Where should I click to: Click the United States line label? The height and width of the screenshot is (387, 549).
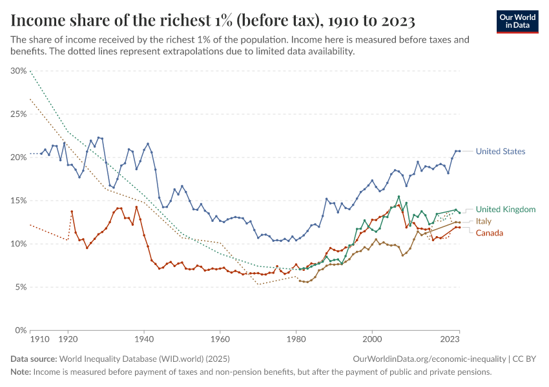click(500, 152)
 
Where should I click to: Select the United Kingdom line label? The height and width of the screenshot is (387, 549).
click(505, 210)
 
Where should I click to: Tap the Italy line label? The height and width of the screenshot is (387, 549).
click(483, 221)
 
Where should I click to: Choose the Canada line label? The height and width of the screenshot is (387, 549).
click(489, 233)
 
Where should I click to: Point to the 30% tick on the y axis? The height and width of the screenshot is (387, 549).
click(18, 71)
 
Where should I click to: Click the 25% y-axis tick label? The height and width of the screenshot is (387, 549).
click(18, 114)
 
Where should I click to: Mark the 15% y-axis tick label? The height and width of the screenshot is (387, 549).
click(18, 201)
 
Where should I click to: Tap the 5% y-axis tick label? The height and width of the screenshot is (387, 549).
click(20, 287)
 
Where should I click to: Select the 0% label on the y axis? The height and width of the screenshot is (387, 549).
click(20, 330)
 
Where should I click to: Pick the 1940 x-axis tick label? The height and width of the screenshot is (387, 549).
click(144, 338)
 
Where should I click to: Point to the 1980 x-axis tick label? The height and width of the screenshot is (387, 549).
click(296, 338)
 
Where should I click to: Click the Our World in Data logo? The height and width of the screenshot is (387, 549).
click(517, 21)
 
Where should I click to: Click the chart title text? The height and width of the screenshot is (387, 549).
click(212, 21)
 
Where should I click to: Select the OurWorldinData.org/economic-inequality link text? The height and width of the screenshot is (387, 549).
click(429, 359)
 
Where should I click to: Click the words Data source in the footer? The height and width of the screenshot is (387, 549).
click(33, 359)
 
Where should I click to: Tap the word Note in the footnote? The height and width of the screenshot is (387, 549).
click(20, 372)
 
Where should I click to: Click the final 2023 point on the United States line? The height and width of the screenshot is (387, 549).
click(459, 151)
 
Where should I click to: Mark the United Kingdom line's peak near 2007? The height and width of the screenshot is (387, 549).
click(399, 197)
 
